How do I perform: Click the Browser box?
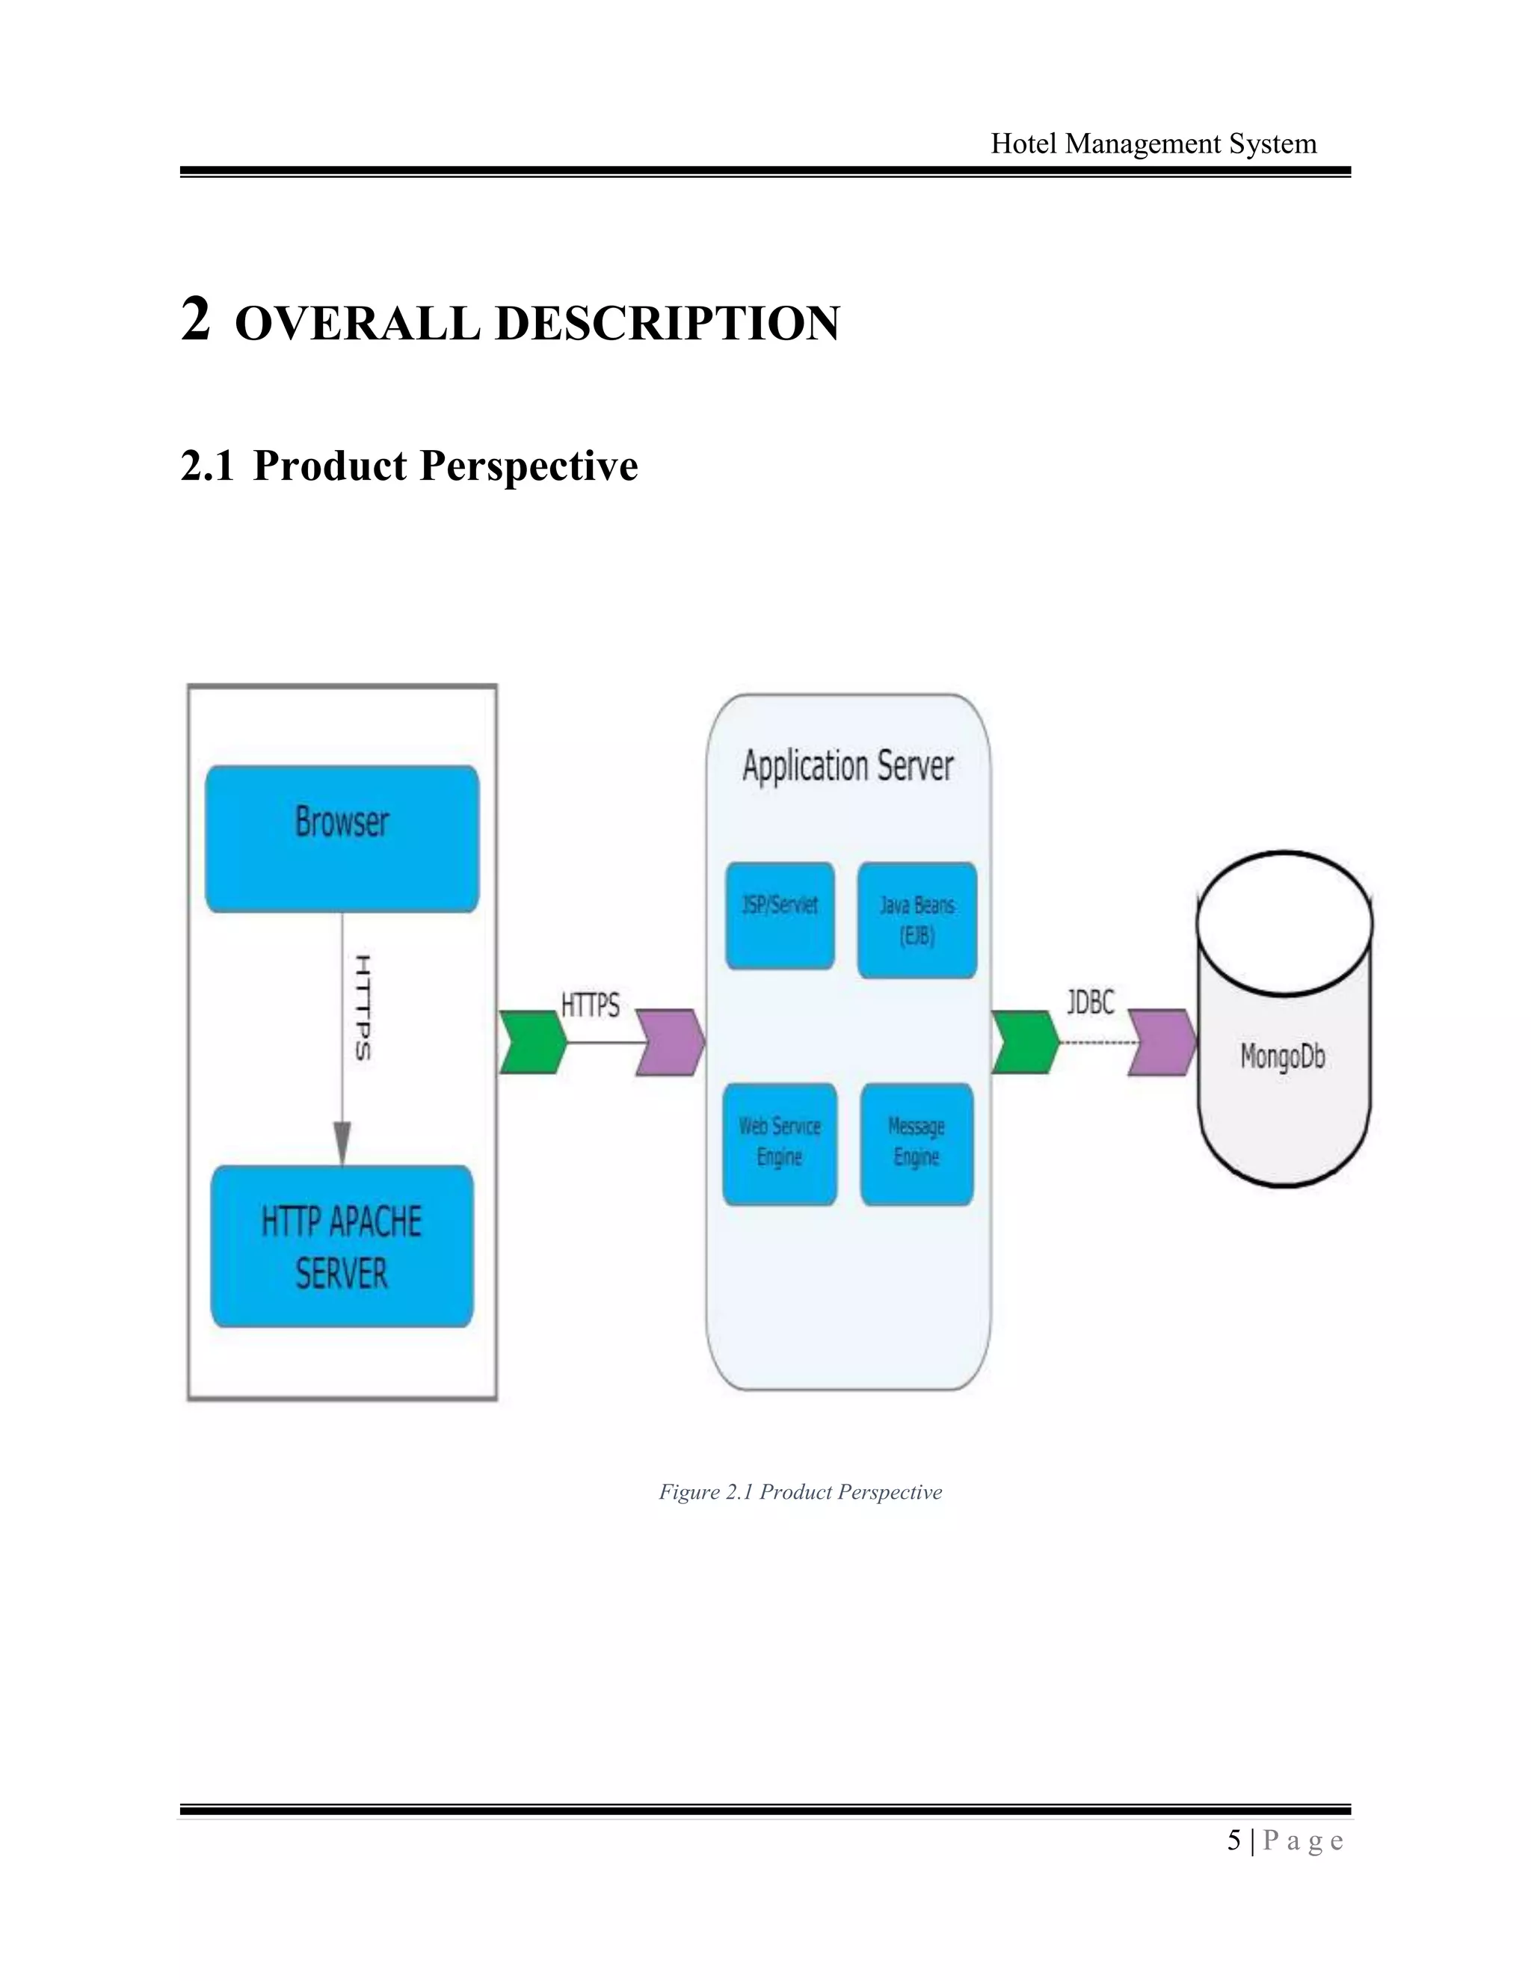coord(342,839)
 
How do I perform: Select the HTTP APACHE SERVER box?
coord(342,1246)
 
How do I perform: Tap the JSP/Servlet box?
coord(780,915)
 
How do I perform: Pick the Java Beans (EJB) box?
coord(917,919)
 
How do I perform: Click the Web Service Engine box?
coord(780,1144)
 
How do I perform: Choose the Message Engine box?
coord(917,1144)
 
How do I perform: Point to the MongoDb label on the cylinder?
coord(1283,1057)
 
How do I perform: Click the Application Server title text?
coord(848,766)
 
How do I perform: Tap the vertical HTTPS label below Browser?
coord(363,1008)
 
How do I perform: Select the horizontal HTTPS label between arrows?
coord(591,1005)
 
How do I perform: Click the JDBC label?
coord(1090,1002)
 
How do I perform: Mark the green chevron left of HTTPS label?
coord(533,1042)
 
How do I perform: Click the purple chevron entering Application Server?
coord(669,1042)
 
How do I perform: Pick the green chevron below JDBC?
coord(1025,1042)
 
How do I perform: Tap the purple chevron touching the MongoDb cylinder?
coord(1162,1042)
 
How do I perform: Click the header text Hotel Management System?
coord(1153,144)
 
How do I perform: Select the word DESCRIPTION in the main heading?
coord(668,324)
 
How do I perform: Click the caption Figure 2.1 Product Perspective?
coord(800,1492)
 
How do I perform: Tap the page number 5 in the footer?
coord(1233,1841)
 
